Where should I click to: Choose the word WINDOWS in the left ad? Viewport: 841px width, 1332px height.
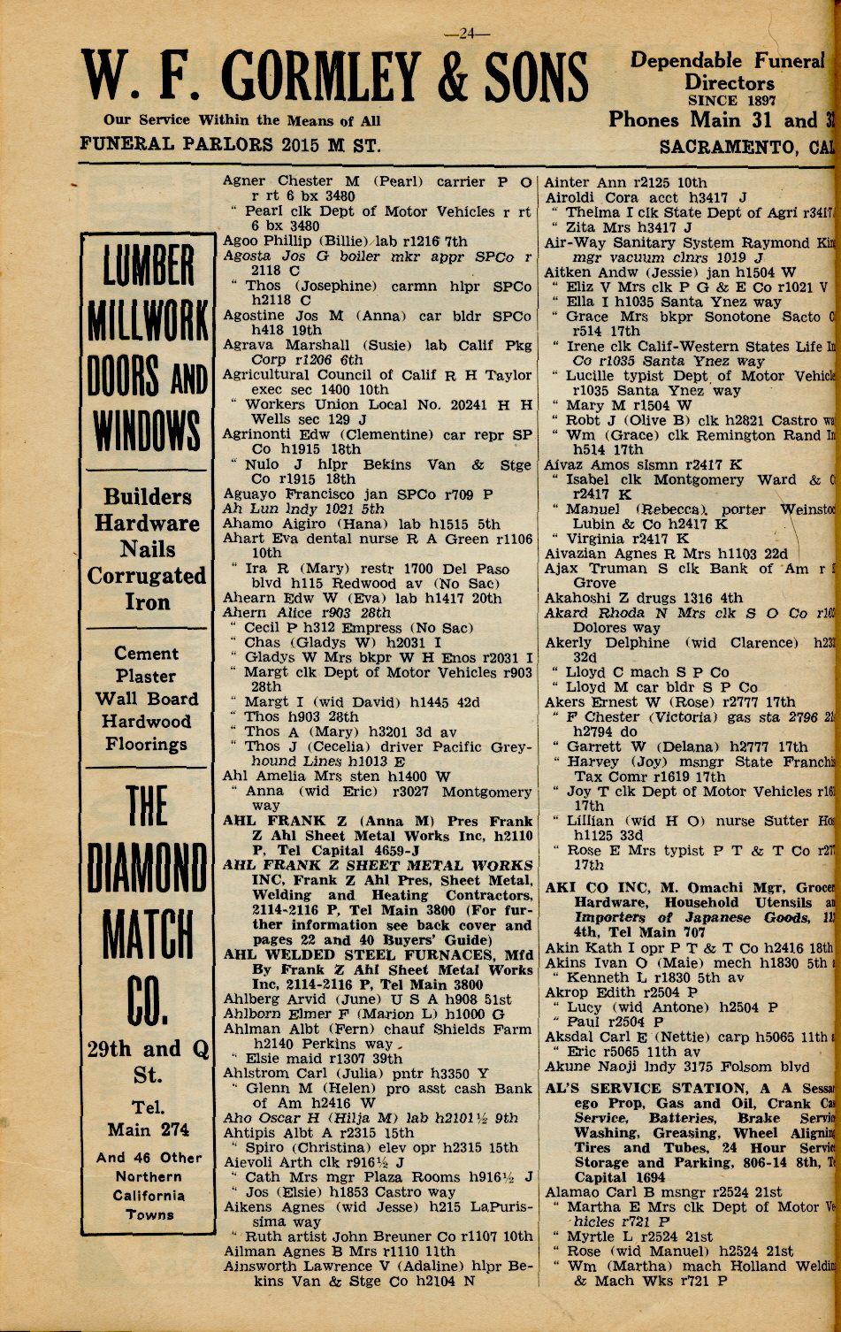pyautogui.click(x=148, y=433)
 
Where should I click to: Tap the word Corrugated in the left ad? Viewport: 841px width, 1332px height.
pyautogui.click(x=147, y=576)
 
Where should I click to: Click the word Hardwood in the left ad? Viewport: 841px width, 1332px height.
pyautogui.click(x=147, y=722)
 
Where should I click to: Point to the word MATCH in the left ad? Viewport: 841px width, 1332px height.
pyautogui.click(x=148, y=936)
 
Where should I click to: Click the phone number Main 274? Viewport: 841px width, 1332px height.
pyautogui.click(x=148, y=1129)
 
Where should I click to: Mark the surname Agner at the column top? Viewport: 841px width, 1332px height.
pyautogui.click(x=244, y=181)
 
